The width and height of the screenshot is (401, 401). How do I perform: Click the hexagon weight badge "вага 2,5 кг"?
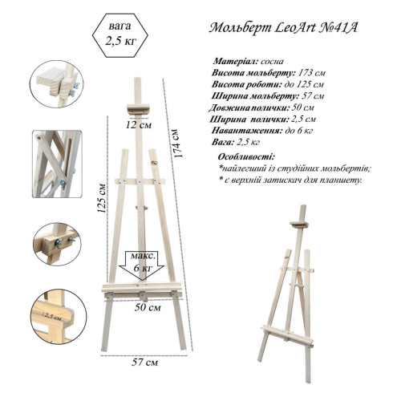[120, 35]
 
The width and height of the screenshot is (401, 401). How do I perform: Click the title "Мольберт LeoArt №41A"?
[283, 28]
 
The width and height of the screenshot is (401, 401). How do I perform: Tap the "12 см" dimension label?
[139, 124]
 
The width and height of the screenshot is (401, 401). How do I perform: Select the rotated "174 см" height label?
[178, 144]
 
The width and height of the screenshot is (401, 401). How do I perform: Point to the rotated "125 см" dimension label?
[102, 198]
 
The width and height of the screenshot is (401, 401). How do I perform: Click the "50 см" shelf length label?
[148, 307]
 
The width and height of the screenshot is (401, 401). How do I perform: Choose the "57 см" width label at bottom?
[144, 363]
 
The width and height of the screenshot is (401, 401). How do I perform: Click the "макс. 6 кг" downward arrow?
[142, 265]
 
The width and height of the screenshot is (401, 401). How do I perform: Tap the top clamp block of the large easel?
[139, 110]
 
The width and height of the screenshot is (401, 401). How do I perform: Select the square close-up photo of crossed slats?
[57, 164]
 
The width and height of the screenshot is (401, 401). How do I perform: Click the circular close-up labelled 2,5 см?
[59, 316]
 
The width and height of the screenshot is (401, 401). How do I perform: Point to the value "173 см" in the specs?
[312, 73]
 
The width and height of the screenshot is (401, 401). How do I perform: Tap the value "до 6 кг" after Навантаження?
[299, 131]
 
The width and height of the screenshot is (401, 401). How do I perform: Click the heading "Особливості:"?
[246, 156]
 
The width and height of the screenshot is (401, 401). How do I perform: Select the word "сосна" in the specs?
[272, 62]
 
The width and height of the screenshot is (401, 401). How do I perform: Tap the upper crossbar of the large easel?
[140, 182]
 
